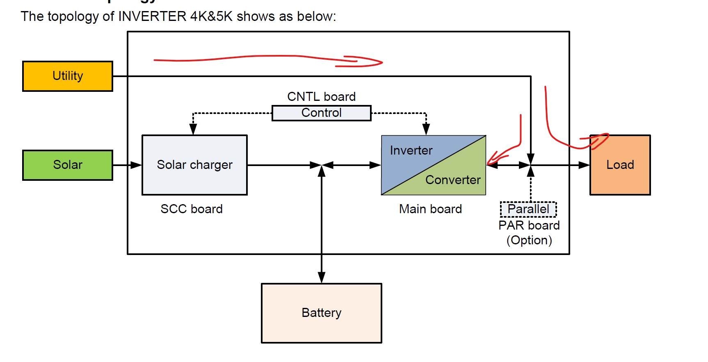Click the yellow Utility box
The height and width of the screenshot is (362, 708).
pos(68,76)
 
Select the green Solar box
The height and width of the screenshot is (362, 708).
pos(68,165)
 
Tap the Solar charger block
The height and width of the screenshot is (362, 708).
pos(194,165)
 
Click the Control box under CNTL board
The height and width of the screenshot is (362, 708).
pos(321,113)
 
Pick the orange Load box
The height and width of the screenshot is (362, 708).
pos(620,165)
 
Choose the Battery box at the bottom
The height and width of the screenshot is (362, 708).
pos(321,313)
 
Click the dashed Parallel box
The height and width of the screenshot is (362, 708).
pos(528,209)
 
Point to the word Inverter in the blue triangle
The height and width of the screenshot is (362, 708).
pos(411,150)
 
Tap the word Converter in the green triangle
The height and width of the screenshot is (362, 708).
pos(453,180)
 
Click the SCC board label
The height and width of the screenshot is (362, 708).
pos(192,209)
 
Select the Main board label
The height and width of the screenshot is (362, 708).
pos(430,209)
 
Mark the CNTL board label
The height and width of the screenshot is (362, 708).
pos(321,97)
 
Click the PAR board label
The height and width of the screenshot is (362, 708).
pos(529,225)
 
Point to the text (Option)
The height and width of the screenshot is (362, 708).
pos(529,240)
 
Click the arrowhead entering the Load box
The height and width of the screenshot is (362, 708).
pos(585,165)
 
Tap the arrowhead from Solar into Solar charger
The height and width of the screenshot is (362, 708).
pos(136,165)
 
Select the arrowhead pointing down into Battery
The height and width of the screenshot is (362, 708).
pos(322,278)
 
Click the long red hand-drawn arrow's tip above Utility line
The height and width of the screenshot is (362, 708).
pos(381,62)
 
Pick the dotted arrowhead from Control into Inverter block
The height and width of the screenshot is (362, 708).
pos(426,129)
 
